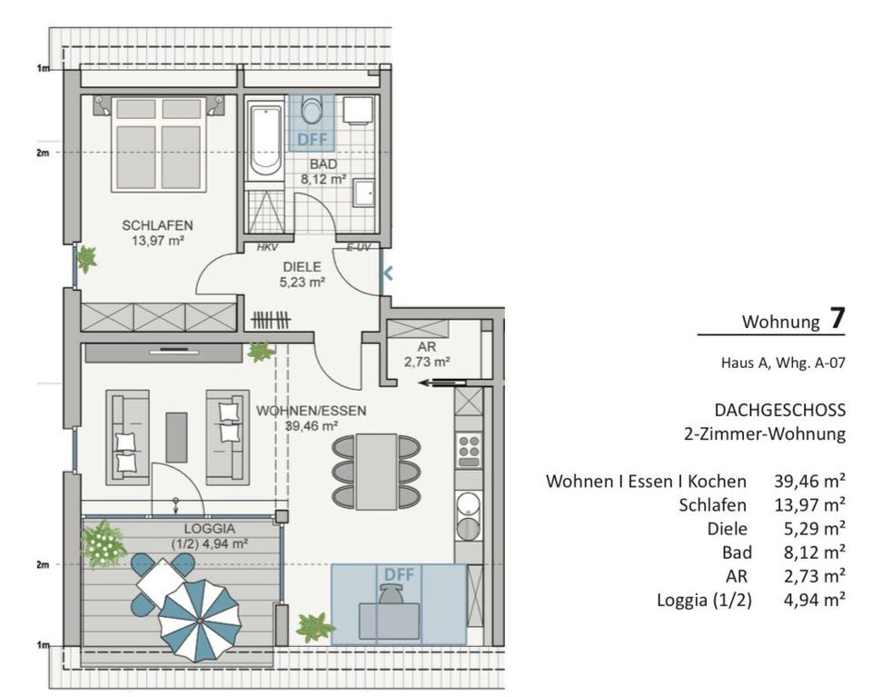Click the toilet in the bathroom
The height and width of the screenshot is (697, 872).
(312, 108)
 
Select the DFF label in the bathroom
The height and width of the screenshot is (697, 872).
(312, 140)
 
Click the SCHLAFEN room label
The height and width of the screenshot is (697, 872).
(157, 225)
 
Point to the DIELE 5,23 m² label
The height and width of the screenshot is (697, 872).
(302, 274)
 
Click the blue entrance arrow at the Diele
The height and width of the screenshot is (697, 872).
(388, 274)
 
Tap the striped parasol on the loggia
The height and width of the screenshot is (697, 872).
(200, 621)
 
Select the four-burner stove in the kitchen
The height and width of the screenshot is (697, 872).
(469, 450)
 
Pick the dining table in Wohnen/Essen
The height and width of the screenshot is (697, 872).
(376, 472)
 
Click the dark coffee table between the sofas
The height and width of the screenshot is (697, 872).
(176, 437)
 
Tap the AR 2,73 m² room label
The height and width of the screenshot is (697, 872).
(427, 354)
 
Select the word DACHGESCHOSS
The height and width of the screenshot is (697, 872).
(779, 411)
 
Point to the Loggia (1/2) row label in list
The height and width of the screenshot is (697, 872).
(704, 600)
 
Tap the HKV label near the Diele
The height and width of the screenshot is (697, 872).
(267, 248)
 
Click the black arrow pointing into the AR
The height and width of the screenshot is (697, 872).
(442, 383)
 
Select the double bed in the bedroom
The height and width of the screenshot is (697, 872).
(158, 144)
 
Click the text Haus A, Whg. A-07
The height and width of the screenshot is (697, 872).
(783, 363)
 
